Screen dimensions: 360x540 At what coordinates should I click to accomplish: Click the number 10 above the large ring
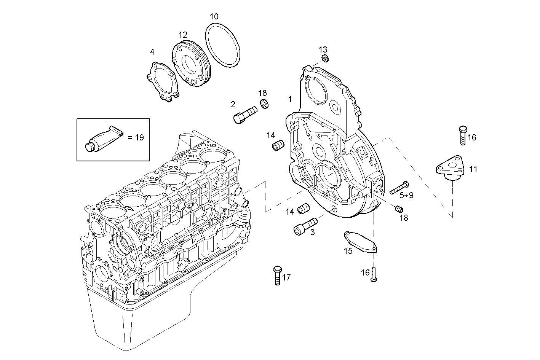click(214, 16)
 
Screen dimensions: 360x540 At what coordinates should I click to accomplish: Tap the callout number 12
click(183, 35)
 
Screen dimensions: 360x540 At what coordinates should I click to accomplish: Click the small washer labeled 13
click(325, 59)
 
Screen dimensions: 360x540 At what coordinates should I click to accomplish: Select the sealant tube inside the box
click(104, 138)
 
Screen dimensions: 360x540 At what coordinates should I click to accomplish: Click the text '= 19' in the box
click(135, 137)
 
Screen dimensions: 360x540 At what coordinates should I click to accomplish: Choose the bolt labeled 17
click(277, 275)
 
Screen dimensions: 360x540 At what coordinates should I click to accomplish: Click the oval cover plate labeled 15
click(360, 242)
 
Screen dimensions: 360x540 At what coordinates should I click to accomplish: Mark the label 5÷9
click(406, 196)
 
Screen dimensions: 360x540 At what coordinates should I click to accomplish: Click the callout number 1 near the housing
click(290, 99)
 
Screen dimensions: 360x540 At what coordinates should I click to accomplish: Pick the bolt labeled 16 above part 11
click(463, 135)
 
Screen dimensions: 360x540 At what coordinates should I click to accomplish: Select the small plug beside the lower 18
click(399, 209)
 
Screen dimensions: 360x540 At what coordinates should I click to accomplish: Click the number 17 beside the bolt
click(286, 278)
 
